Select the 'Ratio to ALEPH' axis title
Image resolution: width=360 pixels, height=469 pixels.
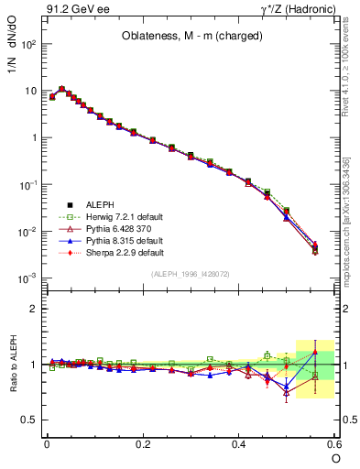tap(13, 366)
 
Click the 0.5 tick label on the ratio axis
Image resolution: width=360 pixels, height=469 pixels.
tap(29, 420)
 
